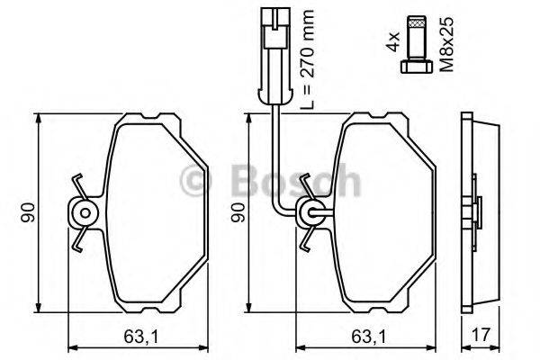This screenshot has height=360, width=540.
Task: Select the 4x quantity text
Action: [x=392, y=41]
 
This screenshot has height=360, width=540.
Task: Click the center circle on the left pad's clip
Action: [x=84, y=213]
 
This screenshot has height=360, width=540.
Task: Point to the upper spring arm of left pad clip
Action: [x=79, y=186]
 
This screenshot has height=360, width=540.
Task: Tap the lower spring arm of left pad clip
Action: [x=80, y=240]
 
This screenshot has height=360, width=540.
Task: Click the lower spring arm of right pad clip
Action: [x=309, y=240]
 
